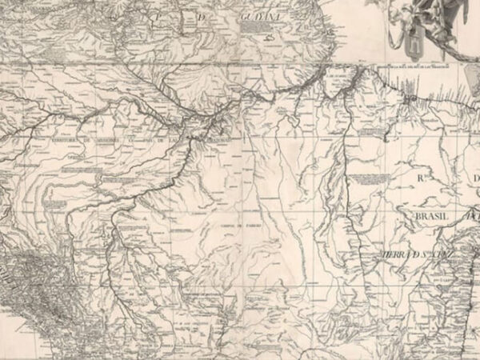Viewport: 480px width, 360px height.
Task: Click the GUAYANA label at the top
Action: (x=262, y=15)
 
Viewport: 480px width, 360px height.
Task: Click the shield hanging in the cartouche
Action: (x=414, y=46)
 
